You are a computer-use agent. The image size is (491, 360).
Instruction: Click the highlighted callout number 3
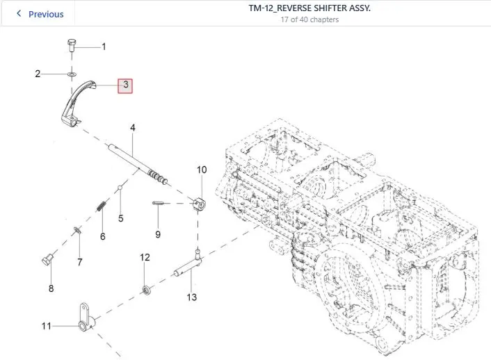(125, 85)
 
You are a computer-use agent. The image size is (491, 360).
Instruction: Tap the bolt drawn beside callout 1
(72, 44)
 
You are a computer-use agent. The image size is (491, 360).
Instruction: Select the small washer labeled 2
(72, 74)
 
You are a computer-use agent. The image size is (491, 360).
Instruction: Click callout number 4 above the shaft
(133, 128)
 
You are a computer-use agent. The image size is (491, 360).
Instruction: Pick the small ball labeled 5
(120, 188)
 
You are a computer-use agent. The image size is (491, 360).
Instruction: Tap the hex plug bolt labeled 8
(47, 260)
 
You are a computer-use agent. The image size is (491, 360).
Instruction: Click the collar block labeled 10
(198, 204)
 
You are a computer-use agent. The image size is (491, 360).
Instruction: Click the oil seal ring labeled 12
(146, 290)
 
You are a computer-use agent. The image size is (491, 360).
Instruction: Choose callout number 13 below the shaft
(192, 297)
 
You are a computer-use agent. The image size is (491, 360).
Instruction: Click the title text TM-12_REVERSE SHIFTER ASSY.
(309, 8)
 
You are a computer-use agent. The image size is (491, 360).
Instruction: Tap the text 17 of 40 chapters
(309, 19)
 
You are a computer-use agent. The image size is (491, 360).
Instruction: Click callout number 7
(80, 262)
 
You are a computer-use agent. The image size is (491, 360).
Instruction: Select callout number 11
(47, 326)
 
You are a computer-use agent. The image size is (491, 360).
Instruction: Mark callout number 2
(38, 74)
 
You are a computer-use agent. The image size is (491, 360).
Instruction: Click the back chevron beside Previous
(19, 13)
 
